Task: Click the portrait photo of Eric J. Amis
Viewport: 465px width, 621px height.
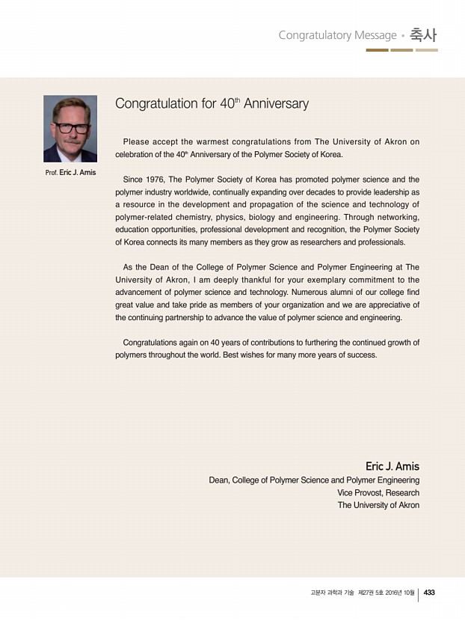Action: click(x=70, y=129)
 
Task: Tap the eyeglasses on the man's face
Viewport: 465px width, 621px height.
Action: click(x=71, y=128)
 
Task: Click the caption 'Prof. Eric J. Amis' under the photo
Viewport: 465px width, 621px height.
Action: click(x=70, y=173)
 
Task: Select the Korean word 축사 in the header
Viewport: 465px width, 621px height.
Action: click(x=424, y=35)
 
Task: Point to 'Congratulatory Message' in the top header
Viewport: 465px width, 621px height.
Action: click(x=337, y=35)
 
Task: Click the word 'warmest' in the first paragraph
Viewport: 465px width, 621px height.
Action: click(x=207, y=141)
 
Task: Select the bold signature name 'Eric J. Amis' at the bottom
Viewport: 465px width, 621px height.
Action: click(x=392, y=466)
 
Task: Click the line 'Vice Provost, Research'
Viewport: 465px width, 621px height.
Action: click(x=378, y=492)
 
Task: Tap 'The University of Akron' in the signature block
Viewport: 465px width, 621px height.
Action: click(x=378, y=505)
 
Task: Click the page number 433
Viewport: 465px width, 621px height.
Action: click(x=429, y=593)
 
